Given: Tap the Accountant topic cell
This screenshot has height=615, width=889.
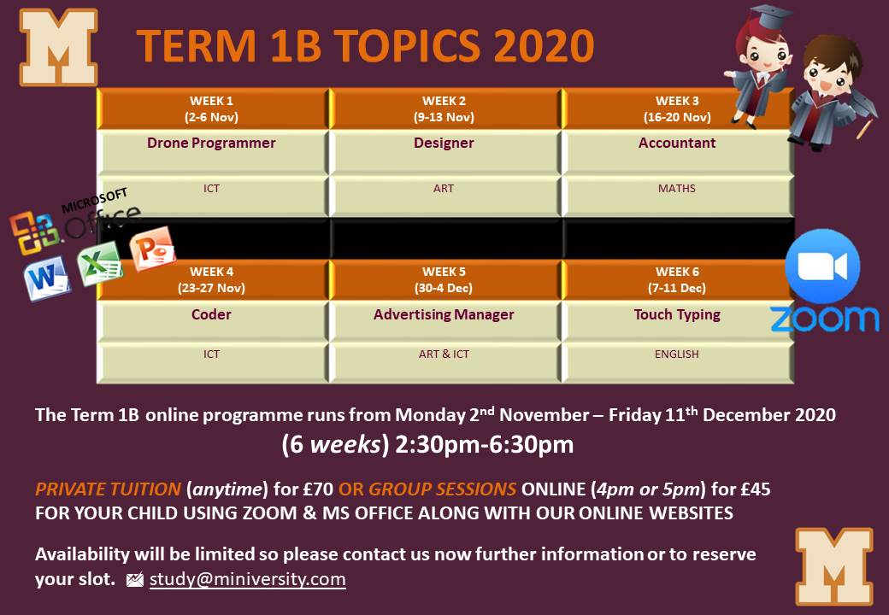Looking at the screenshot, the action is pos(678,152).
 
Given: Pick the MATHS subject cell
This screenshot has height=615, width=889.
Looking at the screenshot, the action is pos(678,196).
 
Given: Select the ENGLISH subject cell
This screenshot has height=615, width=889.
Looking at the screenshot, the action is pos(678,362).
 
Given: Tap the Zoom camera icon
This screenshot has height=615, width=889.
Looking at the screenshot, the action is pos(822,266).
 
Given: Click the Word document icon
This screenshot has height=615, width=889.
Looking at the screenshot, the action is pos(46,278).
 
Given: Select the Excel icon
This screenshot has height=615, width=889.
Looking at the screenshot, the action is pos(100,263).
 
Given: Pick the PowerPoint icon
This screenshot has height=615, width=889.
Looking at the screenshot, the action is pos(152,248).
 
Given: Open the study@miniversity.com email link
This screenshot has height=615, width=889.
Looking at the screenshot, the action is pos(248,579).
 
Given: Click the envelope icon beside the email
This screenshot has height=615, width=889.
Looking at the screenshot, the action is pos(135,580).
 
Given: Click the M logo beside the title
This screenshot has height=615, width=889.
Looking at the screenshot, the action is pos(58,47).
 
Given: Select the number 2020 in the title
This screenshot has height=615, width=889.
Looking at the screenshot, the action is pos(544,46).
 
